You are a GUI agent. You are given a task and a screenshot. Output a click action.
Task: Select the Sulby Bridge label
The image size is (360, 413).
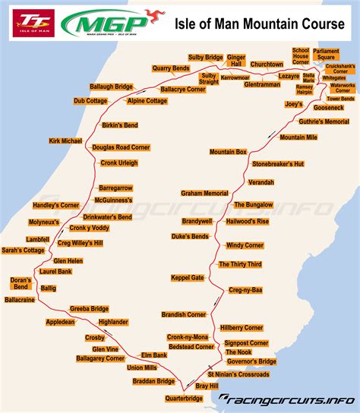[205, 58]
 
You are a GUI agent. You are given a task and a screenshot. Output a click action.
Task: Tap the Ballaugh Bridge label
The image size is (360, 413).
[112, 87]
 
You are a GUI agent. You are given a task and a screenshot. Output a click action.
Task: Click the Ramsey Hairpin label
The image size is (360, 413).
[304, 89]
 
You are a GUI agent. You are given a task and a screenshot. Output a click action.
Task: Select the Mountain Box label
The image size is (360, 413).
[229, 152]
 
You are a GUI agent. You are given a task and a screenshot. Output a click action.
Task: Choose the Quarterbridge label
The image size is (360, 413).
[183, 397]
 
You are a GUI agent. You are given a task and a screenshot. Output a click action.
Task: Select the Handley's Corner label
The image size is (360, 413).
[56, 206]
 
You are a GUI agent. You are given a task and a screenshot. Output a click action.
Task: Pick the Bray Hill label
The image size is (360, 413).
[206, 386]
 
